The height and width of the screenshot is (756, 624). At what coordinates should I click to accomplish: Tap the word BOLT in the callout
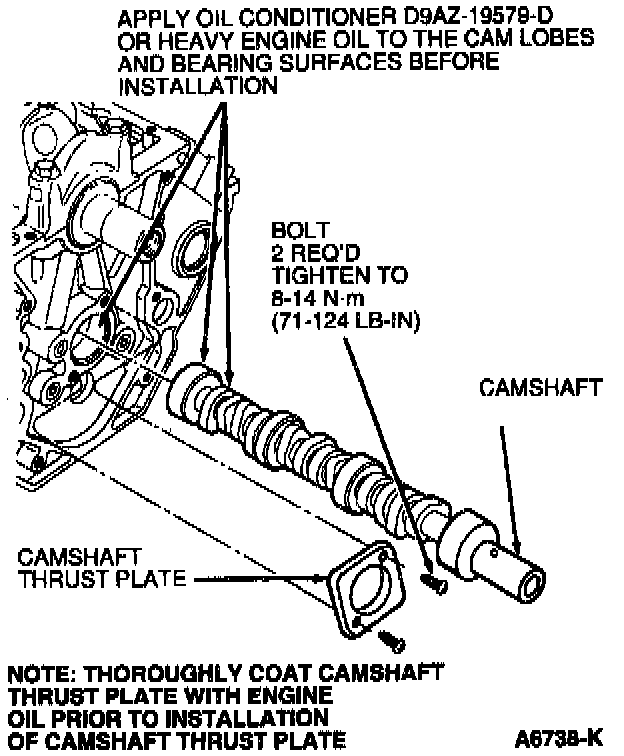pyautogui.click(x=292, y=229)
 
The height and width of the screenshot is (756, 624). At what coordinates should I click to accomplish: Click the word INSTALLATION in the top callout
pyautogui.click(x=197, y=87)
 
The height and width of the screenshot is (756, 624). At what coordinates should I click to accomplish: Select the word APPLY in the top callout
pyautogui.click(x=150, y=18)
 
